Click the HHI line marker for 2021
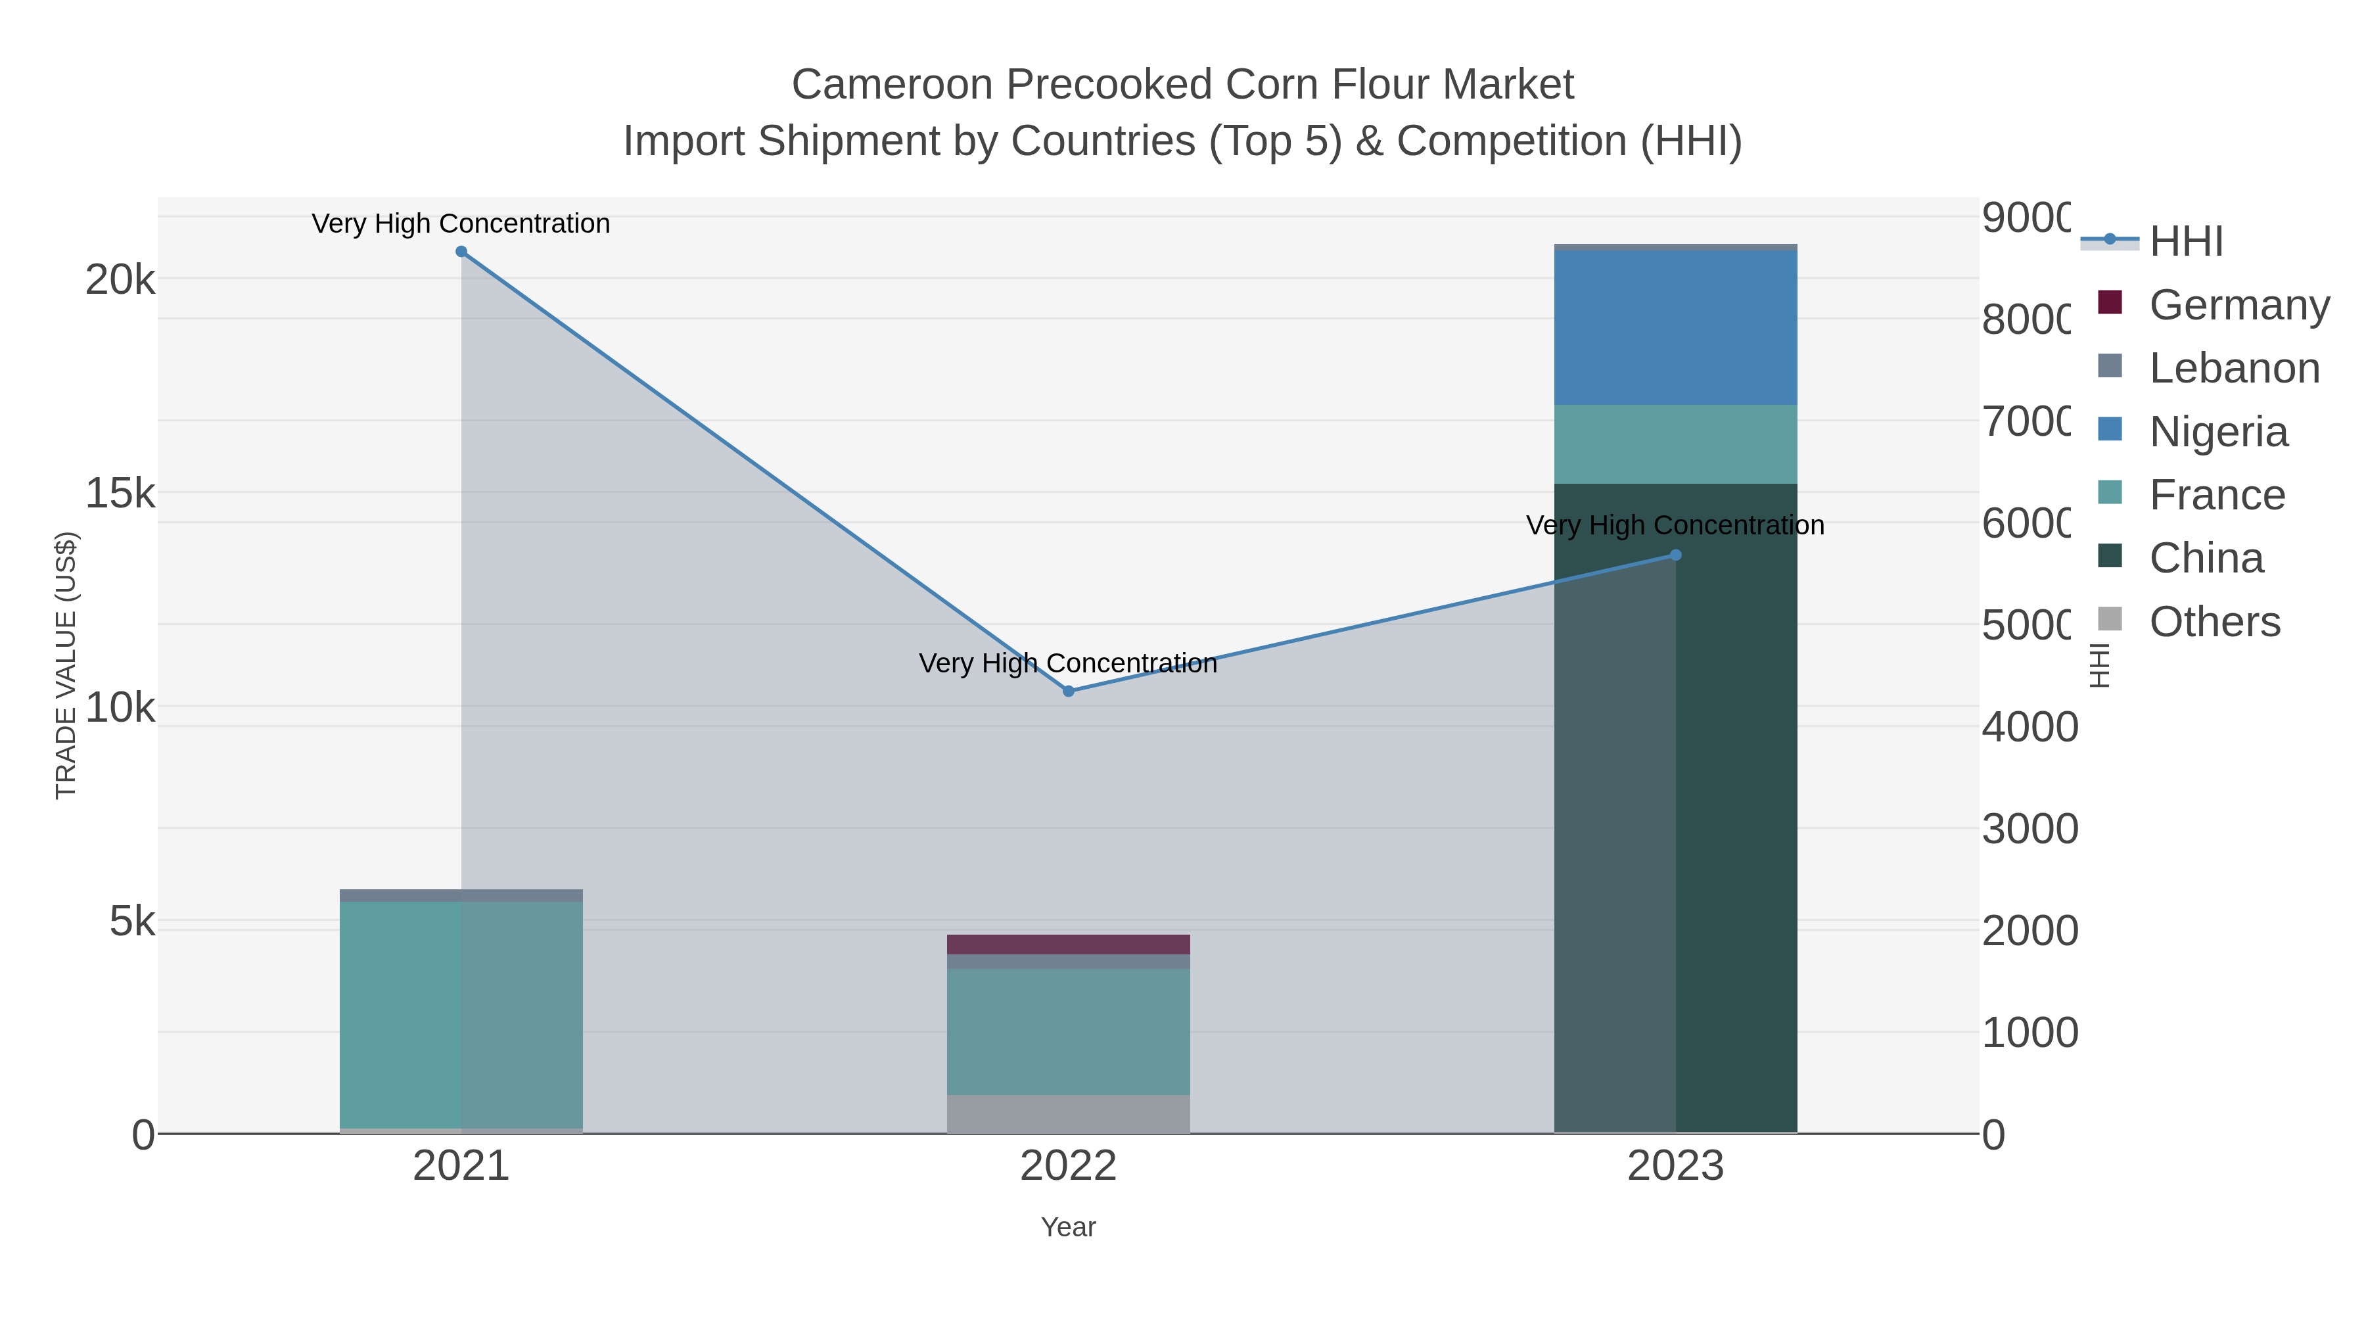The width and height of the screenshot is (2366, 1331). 461,252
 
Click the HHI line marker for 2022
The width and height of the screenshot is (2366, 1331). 1068,691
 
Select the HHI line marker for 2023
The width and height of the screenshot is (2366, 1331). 1675,555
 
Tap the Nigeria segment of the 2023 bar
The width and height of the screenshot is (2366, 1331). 1675,328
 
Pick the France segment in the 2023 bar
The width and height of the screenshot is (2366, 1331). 1675,444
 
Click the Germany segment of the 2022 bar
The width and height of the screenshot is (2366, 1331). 1068,945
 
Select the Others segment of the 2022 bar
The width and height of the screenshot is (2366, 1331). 1068,1113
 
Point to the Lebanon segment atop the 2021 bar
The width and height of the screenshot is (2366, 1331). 461,896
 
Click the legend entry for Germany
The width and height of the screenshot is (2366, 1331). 2239,305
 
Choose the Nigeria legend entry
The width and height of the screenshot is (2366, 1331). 2218,432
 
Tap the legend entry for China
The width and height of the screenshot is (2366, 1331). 2206,559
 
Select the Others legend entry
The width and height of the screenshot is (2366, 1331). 2214,622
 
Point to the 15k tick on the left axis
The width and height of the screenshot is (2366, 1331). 120,493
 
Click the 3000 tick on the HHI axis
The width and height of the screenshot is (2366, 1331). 2028,829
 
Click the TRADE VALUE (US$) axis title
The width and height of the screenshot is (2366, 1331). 66,665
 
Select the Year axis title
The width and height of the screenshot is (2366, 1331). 1068,1227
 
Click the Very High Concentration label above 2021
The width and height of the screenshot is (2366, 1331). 461,223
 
